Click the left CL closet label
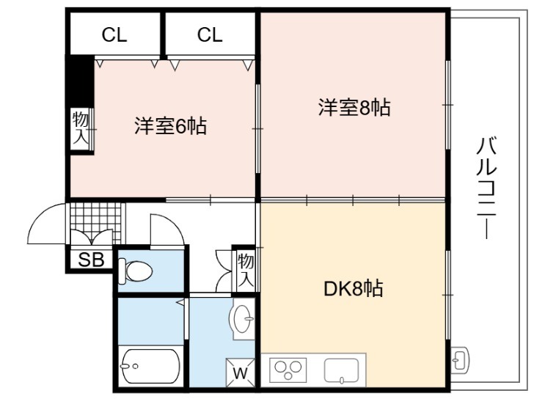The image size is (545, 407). point(114,34)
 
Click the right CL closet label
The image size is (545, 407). point(210,34)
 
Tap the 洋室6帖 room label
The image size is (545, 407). point(171,126)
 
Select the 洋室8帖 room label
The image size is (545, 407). point(354,107)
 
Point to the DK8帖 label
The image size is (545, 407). point(354,288)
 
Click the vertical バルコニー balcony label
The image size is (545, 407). point(486,188)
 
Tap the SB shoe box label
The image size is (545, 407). point(91,260)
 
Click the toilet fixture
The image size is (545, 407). point(135,271)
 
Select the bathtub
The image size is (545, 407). point(150,366)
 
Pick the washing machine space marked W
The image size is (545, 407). point(240,373)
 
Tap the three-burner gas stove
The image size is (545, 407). point(288,370)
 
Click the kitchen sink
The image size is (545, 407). point(342,370)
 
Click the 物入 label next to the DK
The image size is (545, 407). point(246,269)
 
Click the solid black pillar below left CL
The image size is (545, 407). point(80,82)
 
